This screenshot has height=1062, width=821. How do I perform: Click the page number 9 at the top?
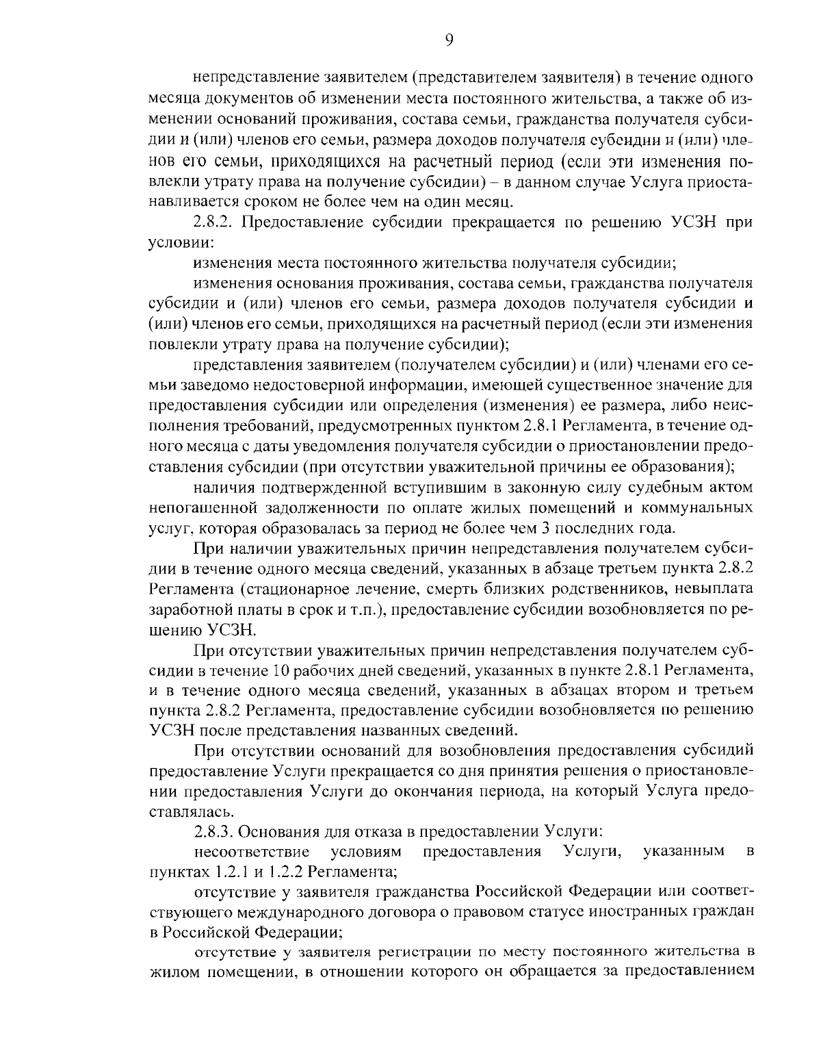pyautogui.click(x=449, y=40)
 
